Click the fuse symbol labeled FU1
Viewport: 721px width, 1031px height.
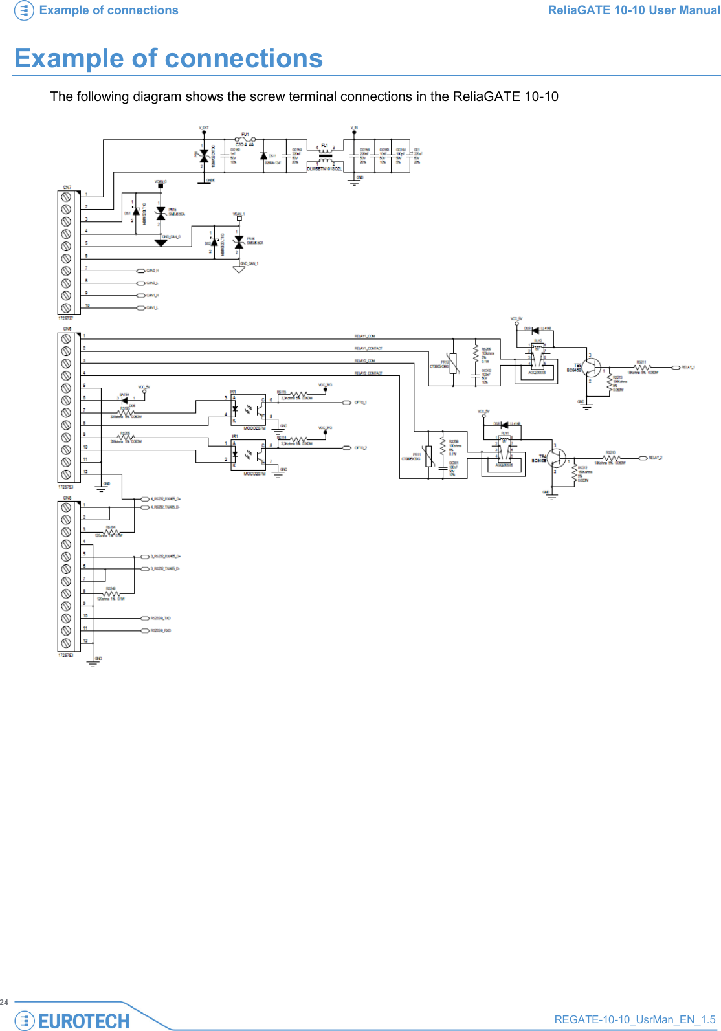tap(245, 139)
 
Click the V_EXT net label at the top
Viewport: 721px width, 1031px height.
tap(203, 128)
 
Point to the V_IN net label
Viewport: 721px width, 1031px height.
tap(354, 128)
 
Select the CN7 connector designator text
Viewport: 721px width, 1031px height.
tap(67, 188)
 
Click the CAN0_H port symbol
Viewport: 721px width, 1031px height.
tap(141, 271)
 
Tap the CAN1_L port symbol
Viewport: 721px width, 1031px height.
tap(141, 308)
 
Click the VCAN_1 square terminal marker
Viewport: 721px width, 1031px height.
tap(239, 219)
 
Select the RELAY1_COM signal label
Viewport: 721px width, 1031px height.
tap(364, 336)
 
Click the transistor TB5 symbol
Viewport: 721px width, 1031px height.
tap(591, 368)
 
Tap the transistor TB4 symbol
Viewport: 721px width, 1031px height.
tap(556, 458)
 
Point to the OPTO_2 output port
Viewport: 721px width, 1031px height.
tap(347, 448)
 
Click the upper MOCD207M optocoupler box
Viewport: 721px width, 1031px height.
tap(249, 409)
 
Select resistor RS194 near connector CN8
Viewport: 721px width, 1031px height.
tap(111, 533)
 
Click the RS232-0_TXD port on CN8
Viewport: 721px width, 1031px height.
tap(146, 618)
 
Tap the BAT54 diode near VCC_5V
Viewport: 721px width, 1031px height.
tap(124, 400)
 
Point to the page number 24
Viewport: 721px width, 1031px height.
tap(5, 1002)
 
